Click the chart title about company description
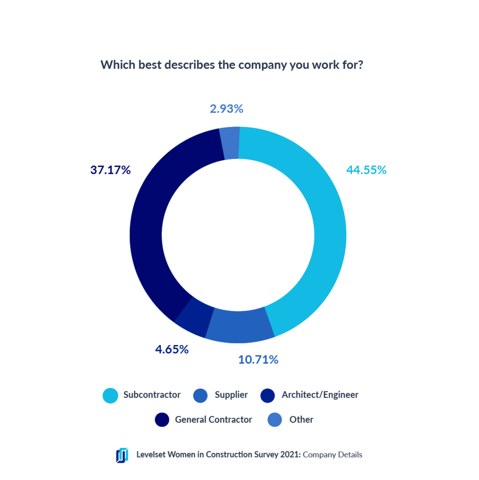pos(232,65)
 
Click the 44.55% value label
pos(366,170)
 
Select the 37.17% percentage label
pos(110,170)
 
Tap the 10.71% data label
pos(258,360)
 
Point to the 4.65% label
pos(172,349)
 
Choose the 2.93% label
pos(227,109)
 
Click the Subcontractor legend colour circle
pos(110,395)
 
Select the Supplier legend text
pos(231,395)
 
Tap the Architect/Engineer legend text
pos(320,395)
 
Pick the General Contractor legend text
pos(213,420)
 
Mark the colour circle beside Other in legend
pos(275,420)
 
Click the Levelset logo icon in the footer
pos(122,455)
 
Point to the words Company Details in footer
pos(333,454)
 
